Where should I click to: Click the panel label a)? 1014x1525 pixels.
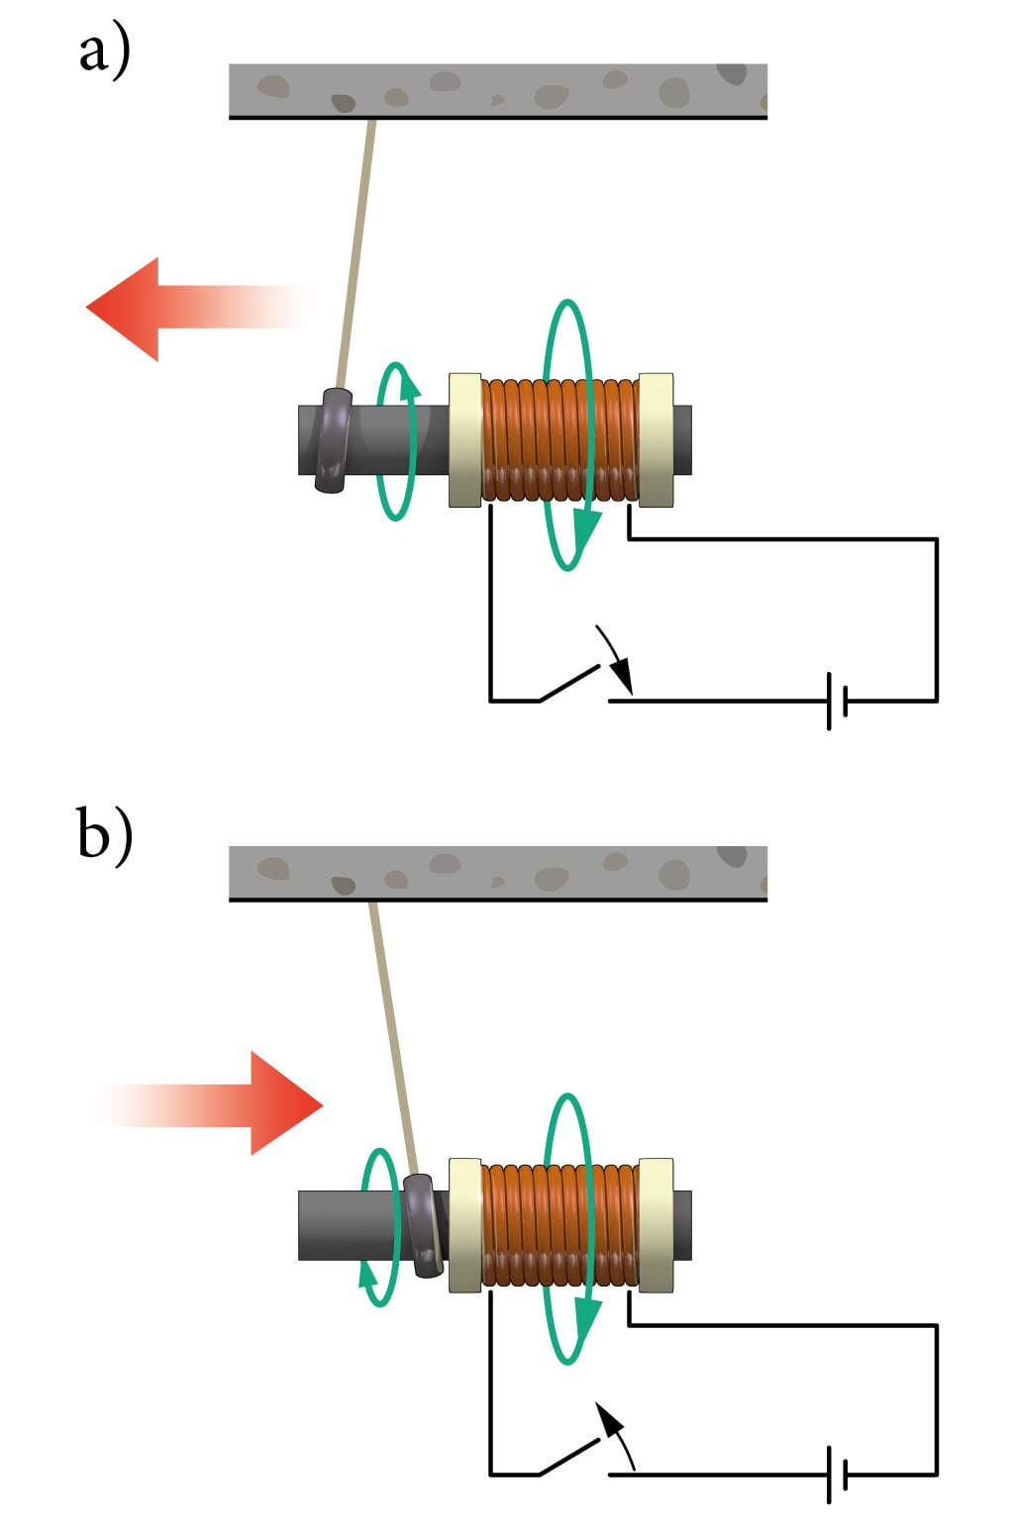point(104,51)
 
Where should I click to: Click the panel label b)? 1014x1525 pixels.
point(104,836)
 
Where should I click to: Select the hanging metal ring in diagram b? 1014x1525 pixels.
point(424,1224)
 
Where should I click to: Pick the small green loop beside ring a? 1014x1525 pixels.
point(396,440)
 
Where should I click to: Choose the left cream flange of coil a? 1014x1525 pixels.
point(465,440)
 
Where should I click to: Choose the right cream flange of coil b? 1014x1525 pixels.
point(656,1225)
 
